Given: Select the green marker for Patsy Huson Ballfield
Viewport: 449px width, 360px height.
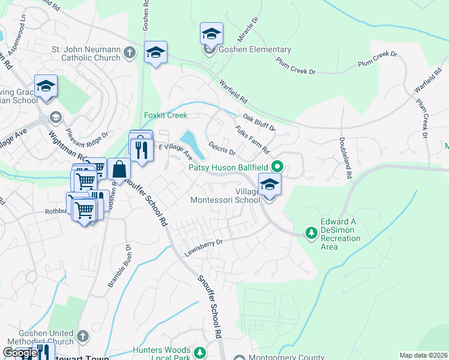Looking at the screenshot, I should [277, 166].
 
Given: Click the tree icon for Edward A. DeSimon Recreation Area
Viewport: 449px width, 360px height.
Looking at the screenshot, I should [311, 232].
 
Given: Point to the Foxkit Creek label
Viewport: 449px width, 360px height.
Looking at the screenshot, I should [166, 115].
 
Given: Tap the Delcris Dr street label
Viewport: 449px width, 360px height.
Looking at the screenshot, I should [221, 148].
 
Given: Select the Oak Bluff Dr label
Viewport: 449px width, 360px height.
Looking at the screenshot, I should [259, 123].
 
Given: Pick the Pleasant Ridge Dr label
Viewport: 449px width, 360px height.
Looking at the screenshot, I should [87, 140].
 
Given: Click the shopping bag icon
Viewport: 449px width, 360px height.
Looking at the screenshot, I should [120, 170].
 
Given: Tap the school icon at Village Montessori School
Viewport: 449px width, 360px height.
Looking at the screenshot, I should [270, 185].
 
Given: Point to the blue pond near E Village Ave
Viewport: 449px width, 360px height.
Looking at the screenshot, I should [191, 143].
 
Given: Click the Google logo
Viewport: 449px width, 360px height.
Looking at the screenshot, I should [20, 353].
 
